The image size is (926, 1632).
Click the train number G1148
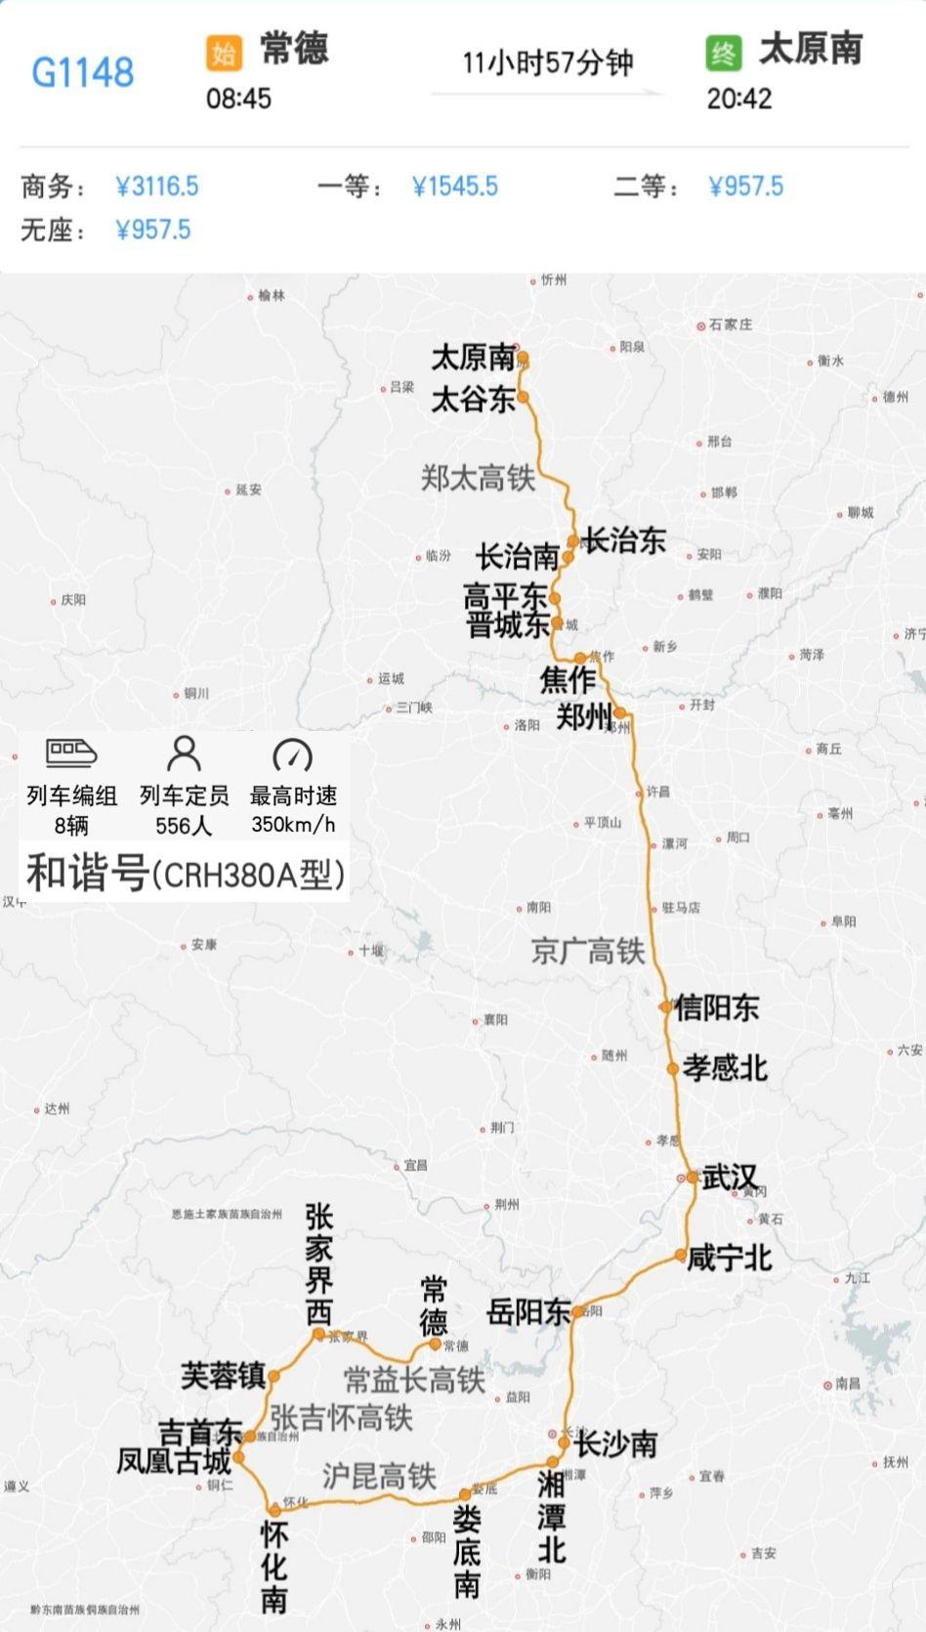point(83,72)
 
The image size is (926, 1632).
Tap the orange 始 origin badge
point(224,52)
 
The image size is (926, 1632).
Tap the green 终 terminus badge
point(724,52)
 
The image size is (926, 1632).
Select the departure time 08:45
point(238,99)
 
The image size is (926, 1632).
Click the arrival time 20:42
point(739,99)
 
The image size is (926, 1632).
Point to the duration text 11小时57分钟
point(547,64)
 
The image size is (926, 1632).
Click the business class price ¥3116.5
point(157,186)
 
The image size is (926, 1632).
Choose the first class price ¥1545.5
point(455,186)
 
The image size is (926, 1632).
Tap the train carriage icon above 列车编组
point(71,753)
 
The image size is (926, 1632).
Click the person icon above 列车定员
point(184,753)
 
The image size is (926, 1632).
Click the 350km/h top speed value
point(293,824)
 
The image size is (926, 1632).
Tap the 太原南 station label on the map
point(473,358)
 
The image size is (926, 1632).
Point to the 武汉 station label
point(730,1178)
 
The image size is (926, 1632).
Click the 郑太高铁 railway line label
point(478,478)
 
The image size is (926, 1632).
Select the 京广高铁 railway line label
point(588,951)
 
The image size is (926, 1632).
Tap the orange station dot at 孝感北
point(672,1069)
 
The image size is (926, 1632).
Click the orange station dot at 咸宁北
point(680,1255)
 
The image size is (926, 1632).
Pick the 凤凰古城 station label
point(174,1461)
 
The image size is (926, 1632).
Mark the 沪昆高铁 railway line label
point(379,1476)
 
